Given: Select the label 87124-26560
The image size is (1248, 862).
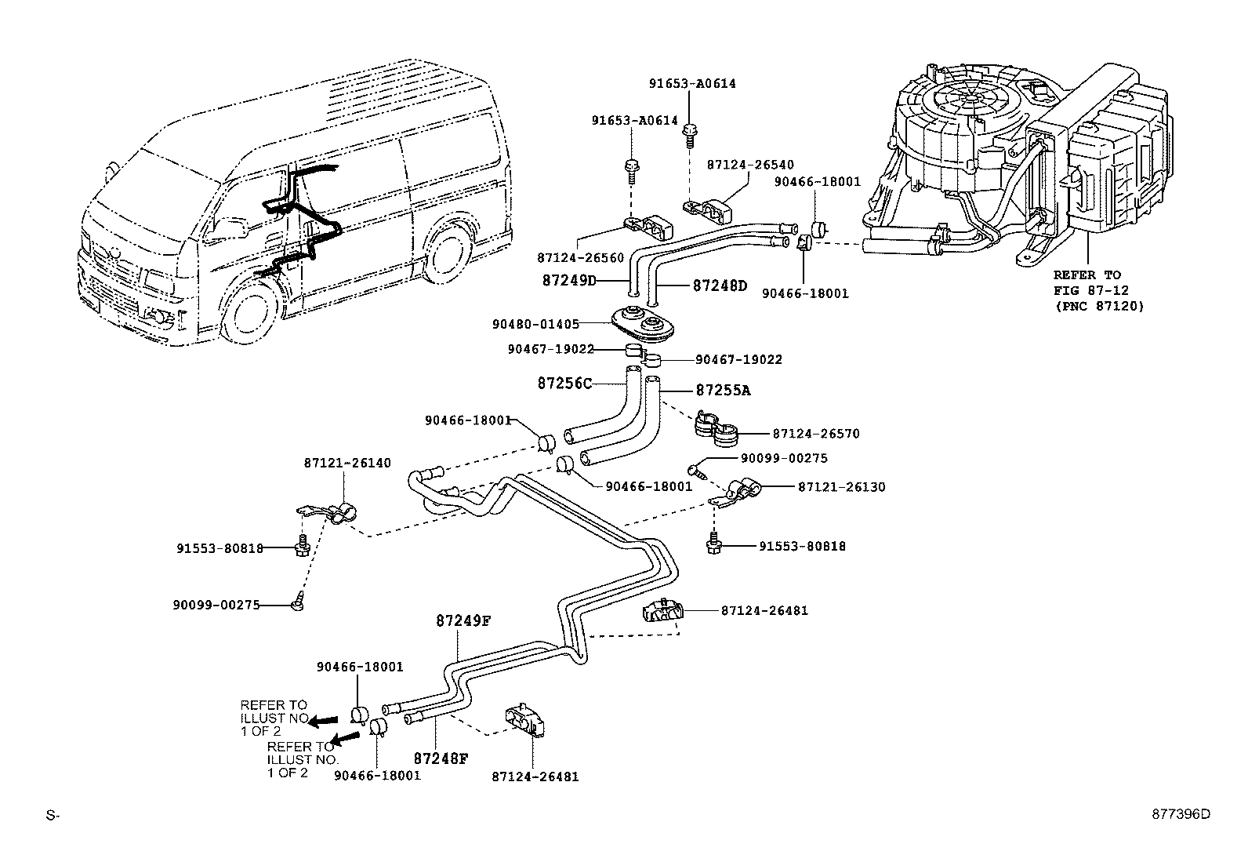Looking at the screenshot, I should tap(580, 257).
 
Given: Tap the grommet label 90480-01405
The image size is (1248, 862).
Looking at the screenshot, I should tap(546, 324).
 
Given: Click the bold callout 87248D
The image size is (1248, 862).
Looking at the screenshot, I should tap(720, 286).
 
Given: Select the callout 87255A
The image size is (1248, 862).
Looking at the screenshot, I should tap(723, 390).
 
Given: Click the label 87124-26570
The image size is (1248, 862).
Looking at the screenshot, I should tap(816, 433).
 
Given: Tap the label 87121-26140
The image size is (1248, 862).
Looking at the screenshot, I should tap(347, 464).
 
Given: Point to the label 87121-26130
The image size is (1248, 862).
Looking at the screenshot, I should tap(841, 487).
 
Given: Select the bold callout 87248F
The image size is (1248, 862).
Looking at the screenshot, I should tap(441, 759).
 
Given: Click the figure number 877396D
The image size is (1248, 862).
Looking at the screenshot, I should tap(1180, 814).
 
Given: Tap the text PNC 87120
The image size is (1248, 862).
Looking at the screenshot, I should tap(1098, 306).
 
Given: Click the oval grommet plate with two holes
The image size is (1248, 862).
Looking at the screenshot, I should tap(643, 322).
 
